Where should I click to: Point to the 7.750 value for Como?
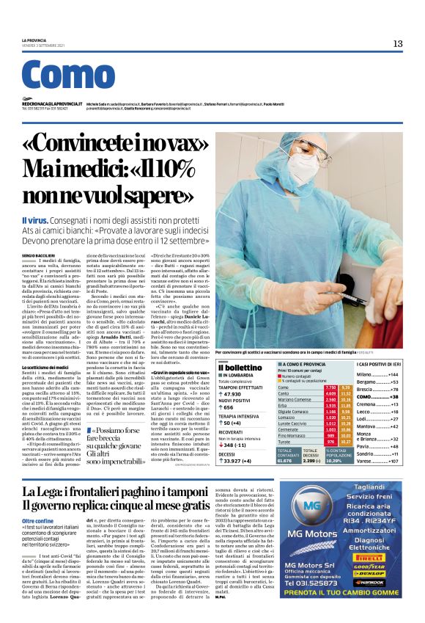pyautogui.click(x=309, y=387)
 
